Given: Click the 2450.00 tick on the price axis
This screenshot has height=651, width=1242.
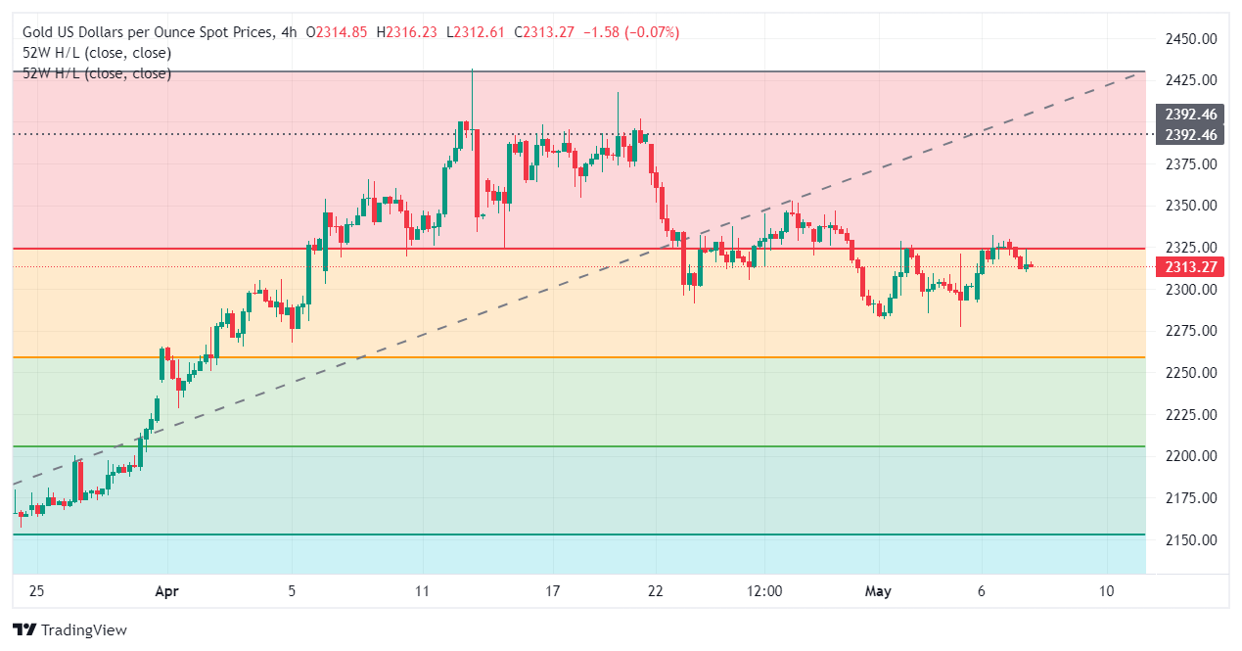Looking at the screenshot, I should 1189,39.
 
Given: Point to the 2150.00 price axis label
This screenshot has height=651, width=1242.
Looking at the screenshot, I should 1189,539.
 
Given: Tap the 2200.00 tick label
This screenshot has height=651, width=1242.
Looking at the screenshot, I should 1189,456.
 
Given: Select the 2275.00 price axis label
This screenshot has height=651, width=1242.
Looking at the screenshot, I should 1189,331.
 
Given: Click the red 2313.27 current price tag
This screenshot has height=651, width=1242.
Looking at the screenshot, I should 1189,267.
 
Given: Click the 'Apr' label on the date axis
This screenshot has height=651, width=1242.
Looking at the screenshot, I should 167,591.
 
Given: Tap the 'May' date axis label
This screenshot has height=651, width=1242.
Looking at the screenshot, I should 877,591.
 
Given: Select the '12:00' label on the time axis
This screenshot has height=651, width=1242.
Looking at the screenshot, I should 763,591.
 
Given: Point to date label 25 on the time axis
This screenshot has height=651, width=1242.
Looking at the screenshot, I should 36,591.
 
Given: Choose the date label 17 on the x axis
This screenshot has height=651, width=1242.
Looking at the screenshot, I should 553,591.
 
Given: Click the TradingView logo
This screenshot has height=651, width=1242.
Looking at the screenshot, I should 69,630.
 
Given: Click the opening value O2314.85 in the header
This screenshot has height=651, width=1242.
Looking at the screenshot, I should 337,32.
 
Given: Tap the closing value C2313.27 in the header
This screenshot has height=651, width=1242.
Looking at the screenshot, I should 543,32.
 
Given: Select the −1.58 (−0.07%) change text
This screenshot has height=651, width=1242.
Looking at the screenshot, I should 630,32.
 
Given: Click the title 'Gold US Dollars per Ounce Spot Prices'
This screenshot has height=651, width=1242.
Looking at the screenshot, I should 147,32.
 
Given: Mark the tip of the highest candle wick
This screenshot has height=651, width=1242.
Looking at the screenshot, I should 473,70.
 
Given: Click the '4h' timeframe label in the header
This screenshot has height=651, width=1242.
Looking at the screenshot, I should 288,32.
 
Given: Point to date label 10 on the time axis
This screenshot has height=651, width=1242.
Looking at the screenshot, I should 1106,591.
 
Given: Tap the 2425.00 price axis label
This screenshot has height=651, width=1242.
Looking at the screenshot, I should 1189,80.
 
